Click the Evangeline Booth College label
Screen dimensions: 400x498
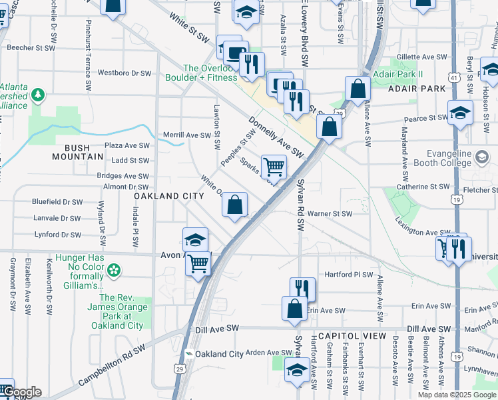click(x=446, y=159)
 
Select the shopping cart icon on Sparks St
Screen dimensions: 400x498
click(x=273, y=166)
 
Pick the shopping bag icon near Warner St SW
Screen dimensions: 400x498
click(x=234, y=205)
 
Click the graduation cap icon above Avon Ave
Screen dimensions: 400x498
click(x=195, y=239)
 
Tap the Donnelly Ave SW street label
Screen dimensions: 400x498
click(x=276, y=137)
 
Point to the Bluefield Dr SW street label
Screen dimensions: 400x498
click(x=58, y=201)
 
